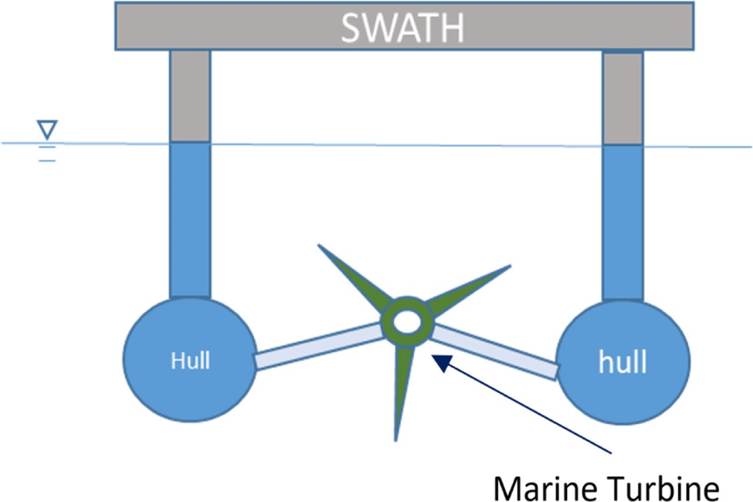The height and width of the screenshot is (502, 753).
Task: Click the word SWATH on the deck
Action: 402,28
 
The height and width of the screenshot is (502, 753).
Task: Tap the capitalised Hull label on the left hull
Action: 190,360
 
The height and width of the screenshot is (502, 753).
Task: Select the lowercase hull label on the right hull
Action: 622,361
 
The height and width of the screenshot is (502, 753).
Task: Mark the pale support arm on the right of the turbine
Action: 494,351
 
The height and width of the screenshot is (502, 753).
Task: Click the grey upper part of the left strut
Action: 190,97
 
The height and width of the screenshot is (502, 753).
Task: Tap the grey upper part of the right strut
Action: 622,97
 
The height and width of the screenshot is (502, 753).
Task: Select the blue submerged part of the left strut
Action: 190,220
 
